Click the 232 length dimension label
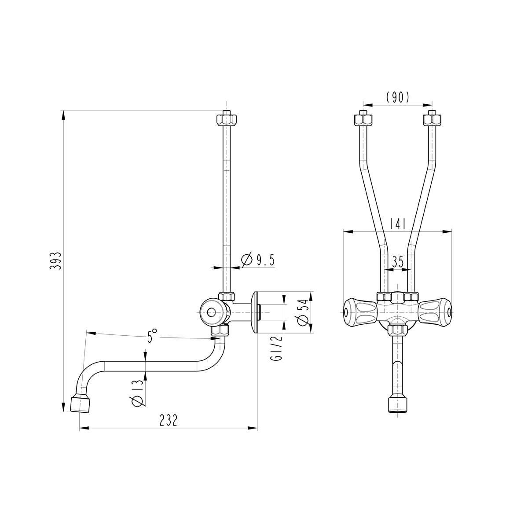tap(168, 421)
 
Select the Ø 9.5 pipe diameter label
tap(258, 260)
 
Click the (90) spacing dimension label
tap(397, 97)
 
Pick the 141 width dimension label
tap(397, 224)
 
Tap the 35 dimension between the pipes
tap(397, 262)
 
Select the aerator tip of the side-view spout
tap(80, 404)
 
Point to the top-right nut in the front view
tap(432, 119)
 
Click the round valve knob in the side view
tap(212, 312)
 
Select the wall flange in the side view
tap(254, 312)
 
